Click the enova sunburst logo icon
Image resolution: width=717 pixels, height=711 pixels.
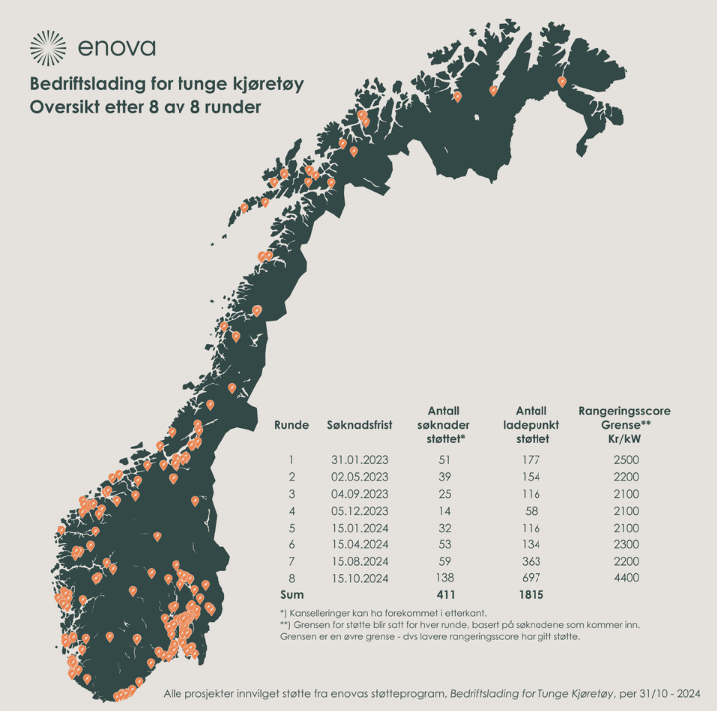49,46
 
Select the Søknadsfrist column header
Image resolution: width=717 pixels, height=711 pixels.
358,425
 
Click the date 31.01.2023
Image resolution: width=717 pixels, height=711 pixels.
358,460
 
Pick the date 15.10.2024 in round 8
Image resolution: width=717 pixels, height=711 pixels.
358,577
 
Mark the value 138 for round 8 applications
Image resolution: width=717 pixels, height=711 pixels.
444,577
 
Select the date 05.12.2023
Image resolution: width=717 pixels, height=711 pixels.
358,510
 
